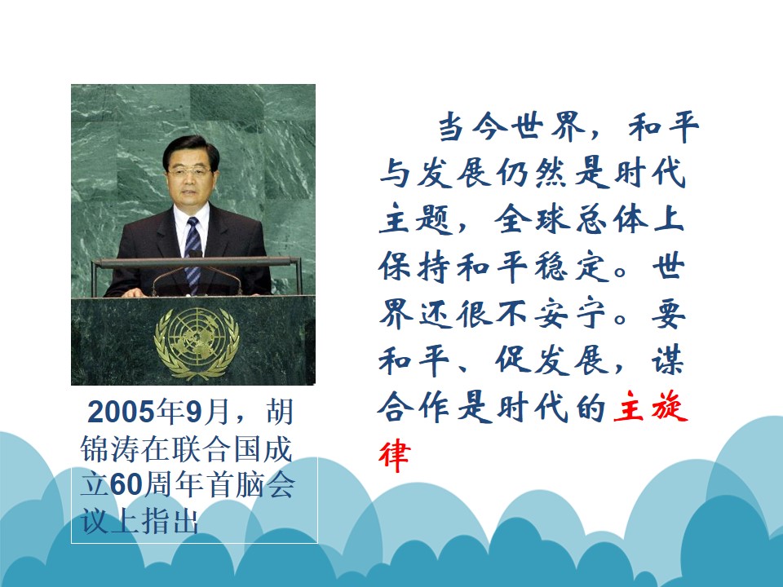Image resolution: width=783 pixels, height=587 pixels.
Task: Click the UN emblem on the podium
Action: [x=197, y=343]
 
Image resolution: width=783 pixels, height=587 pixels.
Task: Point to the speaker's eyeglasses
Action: [x=190, y=172]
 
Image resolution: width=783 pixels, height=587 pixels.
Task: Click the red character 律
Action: [x=395, y=455]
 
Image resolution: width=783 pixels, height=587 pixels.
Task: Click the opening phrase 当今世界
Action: [x=511, y=126]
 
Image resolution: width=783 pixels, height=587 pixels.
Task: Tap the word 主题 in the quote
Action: [x=415, y=219]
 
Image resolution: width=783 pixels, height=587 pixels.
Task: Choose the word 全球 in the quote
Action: [x=532, y=219]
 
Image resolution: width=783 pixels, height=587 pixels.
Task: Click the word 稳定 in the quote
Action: [x=573, y=267]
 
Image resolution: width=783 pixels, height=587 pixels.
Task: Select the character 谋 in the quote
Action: [x=667, y=360]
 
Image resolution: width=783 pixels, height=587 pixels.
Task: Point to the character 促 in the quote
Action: [x=512, y=360]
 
